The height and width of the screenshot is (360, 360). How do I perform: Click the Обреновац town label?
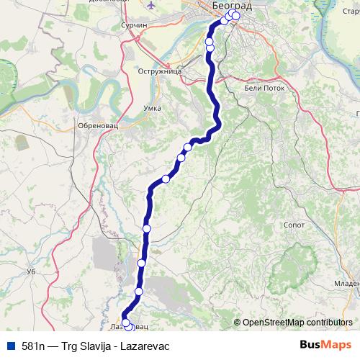(x=97, y=125)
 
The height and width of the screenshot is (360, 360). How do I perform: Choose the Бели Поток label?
(x=266, y=87)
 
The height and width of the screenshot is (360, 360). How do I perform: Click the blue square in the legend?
(x=9, y=345)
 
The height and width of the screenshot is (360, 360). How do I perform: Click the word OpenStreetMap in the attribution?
(x=275, y=323)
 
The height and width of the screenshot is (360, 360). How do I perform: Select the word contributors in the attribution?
(x=330, y=323)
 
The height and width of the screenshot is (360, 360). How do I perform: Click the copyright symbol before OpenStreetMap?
(x=238, y=323)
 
